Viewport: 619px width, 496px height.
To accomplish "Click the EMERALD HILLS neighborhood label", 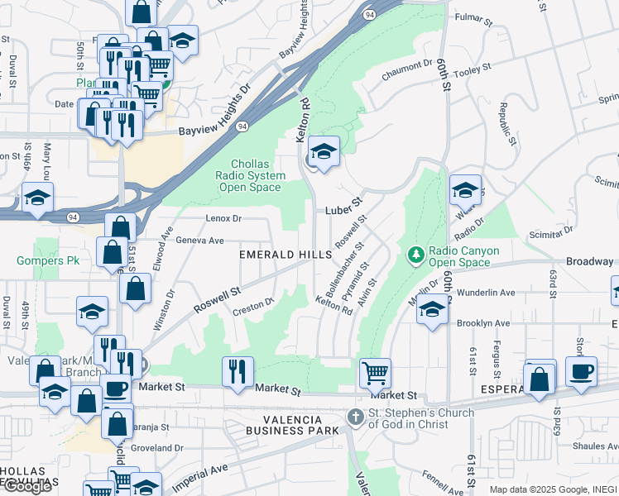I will pos(285,255).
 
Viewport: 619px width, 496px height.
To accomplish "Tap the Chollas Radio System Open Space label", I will pos(252,175).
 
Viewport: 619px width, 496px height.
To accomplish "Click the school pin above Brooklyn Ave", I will pos(432,310).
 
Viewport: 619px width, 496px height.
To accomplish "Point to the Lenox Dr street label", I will pos(223,219).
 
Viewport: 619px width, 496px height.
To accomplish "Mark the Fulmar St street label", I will pos(473,16).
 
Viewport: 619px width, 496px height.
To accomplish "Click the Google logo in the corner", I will pos(27,486).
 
